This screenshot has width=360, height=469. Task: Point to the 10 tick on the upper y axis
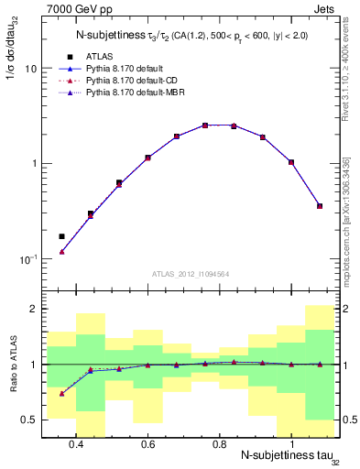coord(31,69)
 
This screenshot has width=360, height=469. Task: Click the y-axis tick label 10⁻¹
coord(28,258)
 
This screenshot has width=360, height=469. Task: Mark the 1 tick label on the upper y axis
coord(34,164)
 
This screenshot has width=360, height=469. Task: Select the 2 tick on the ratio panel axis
coord(34,310)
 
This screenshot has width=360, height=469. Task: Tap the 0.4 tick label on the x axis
coord(76,444)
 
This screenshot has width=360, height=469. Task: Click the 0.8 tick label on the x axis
coord(220,444)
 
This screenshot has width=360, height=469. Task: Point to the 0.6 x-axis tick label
coord(147,444)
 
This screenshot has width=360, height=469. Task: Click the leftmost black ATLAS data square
coord(61,236)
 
